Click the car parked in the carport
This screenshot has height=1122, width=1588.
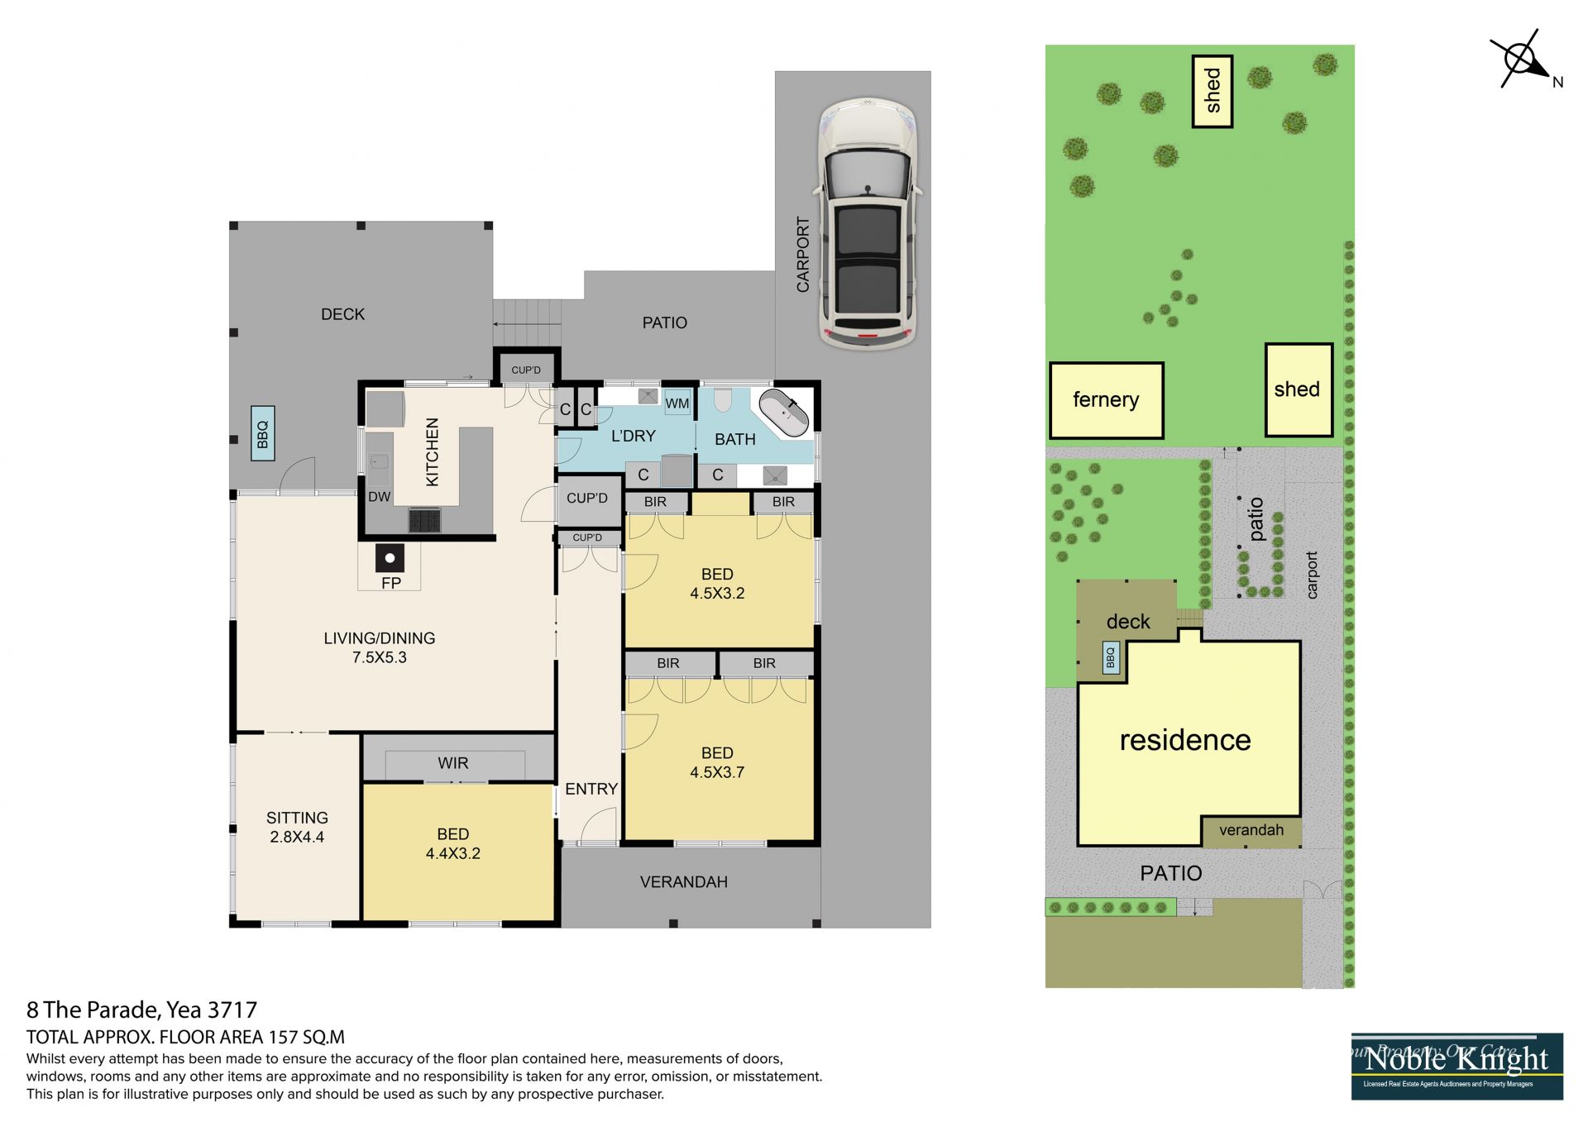point(868,223)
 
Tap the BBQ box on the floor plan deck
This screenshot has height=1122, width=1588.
point(263,433)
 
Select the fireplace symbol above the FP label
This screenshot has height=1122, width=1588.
point(390,558)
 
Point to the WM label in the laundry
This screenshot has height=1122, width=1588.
point(677,403)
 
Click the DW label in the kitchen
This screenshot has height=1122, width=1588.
point(379,497)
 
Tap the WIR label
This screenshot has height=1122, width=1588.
point(453,763)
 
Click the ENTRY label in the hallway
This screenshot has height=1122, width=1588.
point(591,789)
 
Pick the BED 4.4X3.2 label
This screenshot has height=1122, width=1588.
point(453,843)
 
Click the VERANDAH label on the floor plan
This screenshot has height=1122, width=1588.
point(684,882)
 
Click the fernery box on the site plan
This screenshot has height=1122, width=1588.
point(1107,400)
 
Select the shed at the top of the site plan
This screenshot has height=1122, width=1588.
point(1213,91)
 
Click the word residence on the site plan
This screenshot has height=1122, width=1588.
point(1185,740)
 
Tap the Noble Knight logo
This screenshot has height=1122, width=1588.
point(1457,1067)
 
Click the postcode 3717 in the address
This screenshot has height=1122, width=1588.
point(232,1010)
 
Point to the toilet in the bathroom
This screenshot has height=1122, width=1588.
point(723,400)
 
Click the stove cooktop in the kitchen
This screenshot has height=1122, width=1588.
point(424,520)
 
